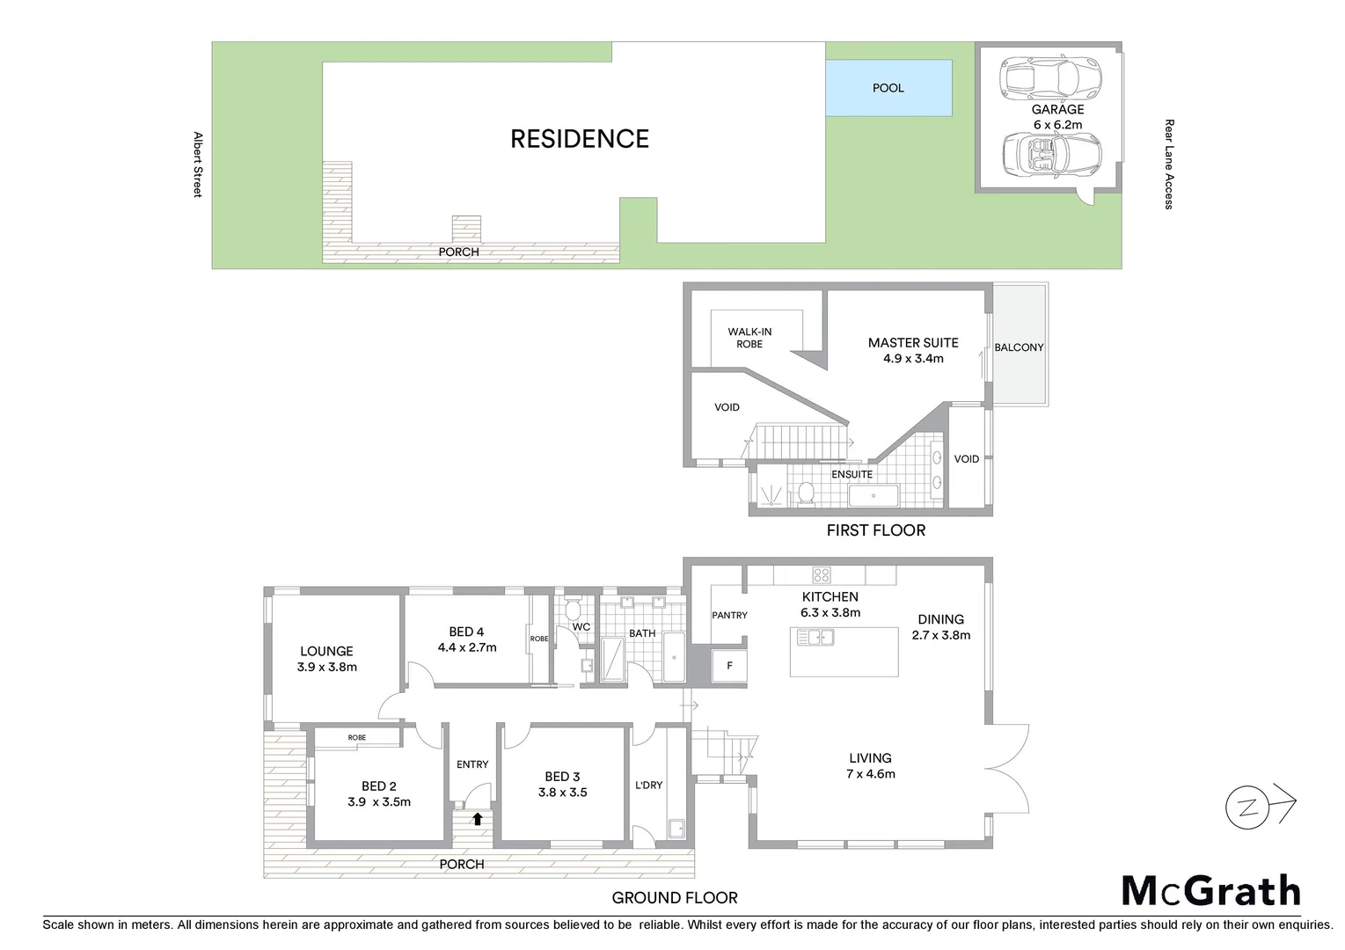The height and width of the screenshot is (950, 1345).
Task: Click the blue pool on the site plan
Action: [888, 87]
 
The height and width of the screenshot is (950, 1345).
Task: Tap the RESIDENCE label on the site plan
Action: [580, 139]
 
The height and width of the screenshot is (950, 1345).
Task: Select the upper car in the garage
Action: [1051, 77]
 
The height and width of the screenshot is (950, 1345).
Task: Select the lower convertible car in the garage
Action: [1052, 155]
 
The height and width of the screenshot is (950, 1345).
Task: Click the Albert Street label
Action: [198, 164]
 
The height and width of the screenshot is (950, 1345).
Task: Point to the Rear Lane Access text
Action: [1168, 164]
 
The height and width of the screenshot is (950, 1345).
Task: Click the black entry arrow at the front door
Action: [477, 819]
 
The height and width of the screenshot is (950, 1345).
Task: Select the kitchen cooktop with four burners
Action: [821, 575]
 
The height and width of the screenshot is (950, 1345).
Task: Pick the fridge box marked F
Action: [729, 666]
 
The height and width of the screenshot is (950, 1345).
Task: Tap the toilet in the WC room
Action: [574, 608]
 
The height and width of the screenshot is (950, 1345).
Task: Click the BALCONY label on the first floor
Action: [1019, 347]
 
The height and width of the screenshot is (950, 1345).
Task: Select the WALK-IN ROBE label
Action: [749, 338]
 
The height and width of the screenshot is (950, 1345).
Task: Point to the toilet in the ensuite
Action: [805, 494]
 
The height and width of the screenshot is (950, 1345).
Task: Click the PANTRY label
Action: [729, 615]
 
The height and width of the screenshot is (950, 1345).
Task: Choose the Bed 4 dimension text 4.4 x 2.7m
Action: [467, 647]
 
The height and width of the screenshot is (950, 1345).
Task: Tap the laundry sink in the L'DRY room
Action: [676, 829]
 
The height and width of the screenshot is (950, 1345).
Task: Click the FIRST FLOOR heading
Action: [875, 530]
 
